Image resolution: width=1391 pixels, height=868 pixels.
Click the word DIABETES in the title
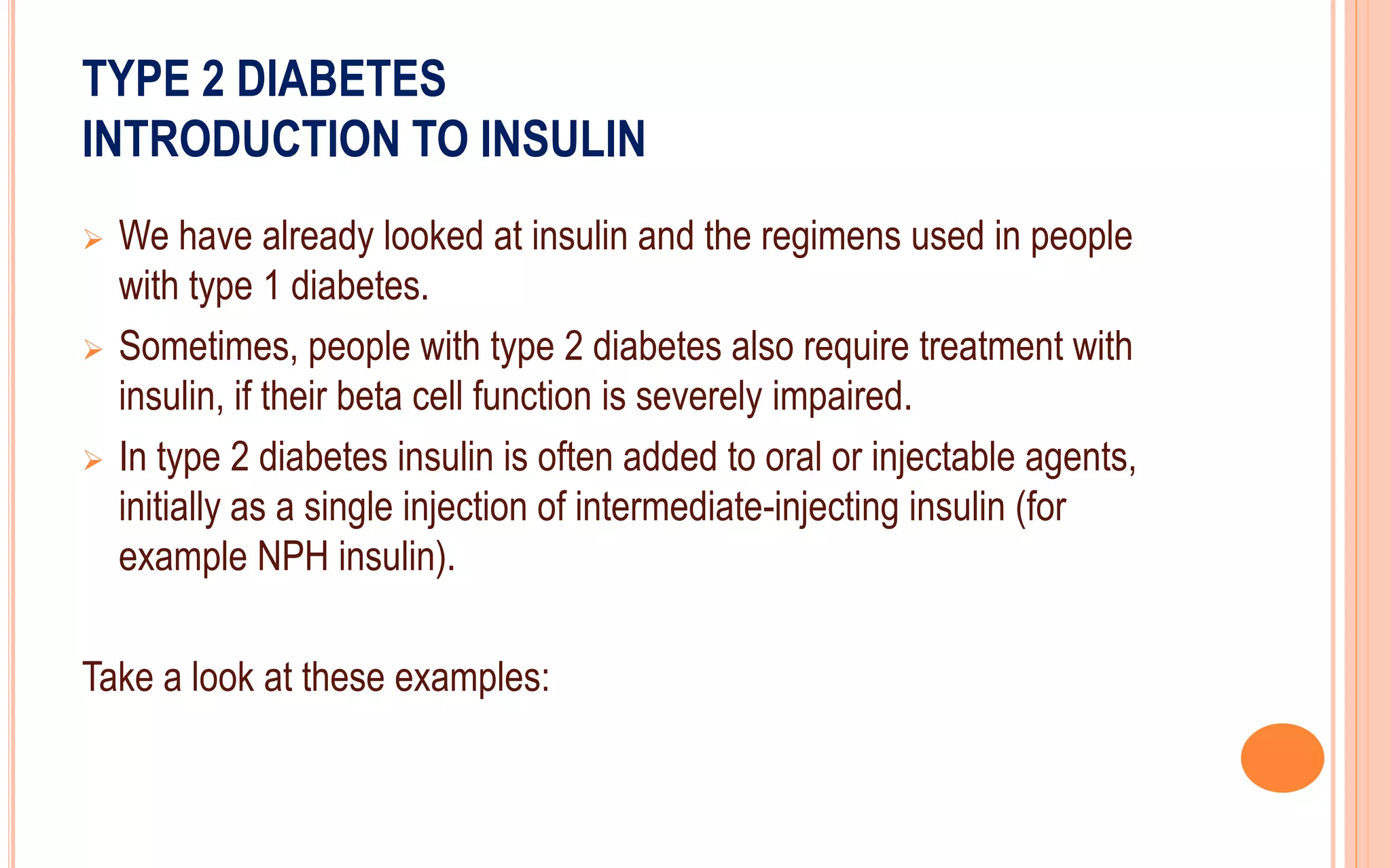341,79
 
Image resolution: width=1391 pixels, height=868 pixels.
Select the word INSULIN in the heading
563,139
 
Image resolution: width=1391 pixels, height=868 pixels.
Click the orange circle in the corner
1282,757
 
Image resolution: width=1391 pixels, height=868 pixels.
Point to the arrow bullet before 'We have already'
93,240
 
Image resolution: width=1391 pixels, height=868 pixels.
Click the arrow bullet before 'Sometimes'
93,350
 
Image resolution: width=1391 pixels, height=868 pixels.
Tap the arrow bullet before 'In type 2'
93,461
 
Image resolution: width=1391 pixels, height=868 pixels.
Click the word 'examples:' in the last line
472,678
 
